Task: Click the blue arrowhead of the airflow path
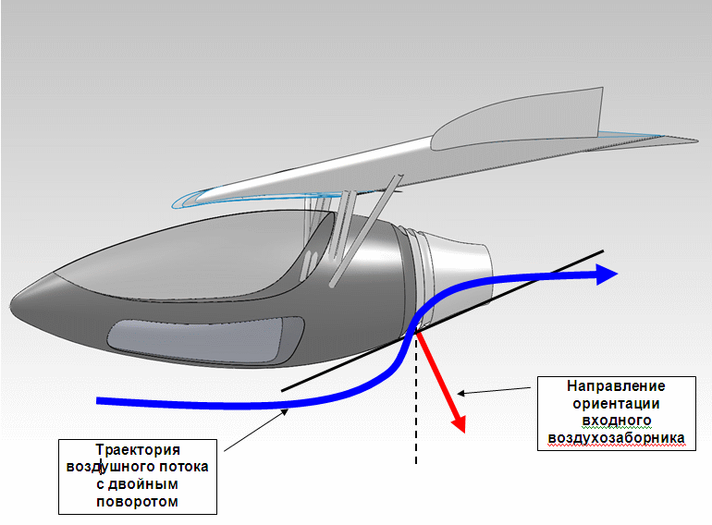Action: click(607, 273)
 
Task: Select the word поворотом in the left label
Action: click(138, 502)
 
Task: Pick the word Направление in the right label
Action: click(616, 386)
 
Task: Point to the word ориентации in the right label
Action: click(616, 404)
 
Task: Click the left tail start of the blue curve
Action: click(100, 400)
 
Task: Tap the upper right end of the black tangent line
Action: click(602, 250)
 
